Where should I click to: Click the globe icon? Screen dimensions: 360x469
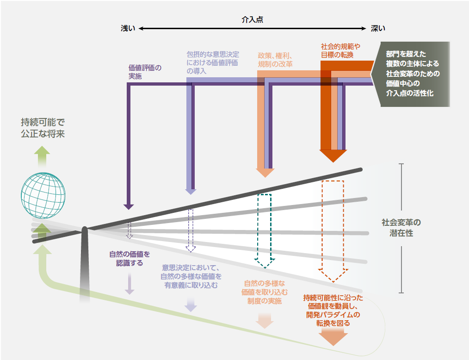tap(43, 195)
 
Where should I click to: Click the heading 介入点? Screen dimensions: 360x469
tap(253, 20)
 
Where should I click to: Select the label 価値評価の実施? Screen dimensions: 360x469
tap(145, 72)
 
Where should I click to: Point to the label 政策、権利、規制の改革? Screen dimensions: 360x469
tap(275, 60)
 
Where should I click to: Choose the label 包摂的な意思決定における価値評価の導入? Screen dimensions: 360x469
tap(213, 62)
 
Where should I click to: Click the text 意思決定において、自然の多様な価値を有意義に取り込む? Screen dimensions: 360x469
tap(191, 276)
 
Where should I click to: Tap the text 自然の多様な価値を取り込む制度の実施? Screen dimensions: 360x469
tap(265, 292)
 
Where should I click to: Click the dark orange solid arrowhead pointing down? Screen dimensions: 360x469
tap(333, 156)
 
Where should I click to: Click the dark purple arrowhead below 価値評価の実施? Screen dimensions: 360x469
tap(129, 206)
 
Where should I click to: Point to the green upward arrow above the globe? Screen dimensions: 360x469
tap(43, 153)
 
